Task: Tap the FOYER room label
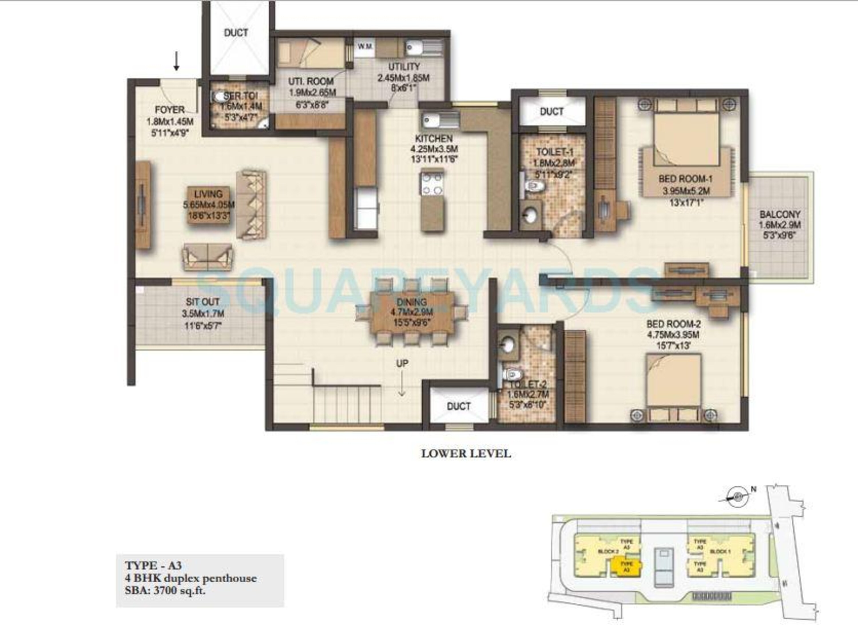click(170, 110)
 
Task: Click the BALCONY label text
click(780, 214)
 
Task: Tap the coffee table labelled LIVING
click(208, 205)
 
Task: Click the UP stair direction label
click(402, 363)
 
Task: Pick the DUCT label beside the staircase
click(458, 406)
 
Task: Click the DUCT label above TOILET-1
click(552, 112)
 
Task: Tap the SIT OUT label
click(202, 302)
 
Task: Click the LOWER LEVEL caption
click(466, 453)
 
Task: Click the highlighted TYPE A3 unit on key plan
click(627, 567)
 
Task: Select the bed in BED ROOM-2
click(673, 386)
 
